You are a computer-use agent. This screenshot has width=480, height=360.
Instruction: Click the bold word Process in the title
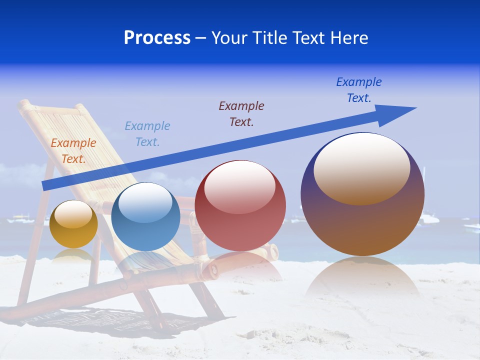tap(157, 38)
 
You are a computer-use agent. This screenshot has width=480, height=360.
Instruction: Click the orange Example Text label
tap(73, 150)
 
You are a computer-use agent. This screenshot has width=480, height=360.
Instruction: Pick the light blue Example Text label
tap(147, 133)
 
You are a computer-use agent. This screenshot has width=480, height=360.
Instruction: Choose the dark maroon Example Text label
tap(241, 113)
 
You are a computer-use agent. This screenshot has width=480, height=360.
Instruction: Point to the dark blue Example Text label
tap(359, 89)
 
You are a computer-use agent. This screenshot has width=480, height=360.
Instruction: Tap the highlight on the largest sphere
tap(362, 168)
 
